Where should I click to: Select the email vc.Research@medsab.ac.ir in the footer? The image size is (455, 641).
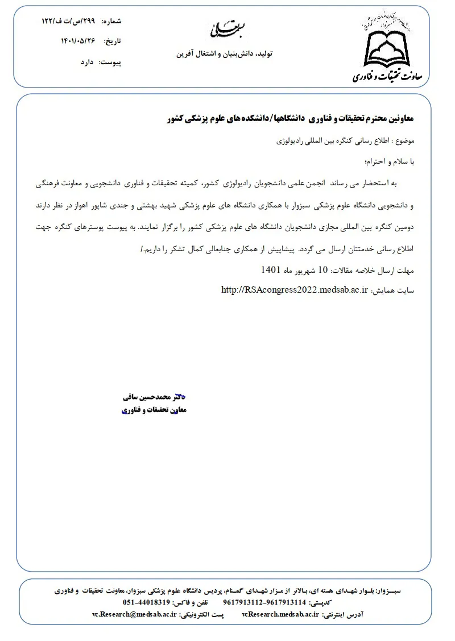point(134,615)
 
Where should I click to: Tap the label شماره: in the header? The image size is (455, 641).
point(111,21)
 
